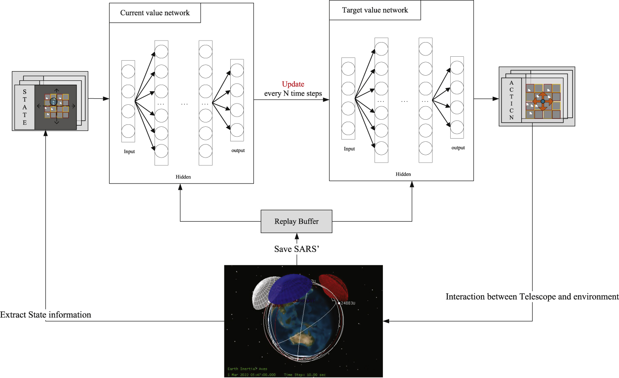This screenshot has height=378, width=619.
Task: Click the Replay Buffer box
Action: pyautogui.click(x=296, y=221)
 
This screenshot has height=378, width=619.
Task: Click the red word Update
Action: pyautogui.click(x=293, y=84)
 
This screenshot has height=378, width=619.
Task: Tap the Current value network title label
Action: pyautogui.click(x=155, y=13)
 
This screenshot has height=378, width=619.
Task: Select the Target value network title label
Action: pyautogui.click(x=375, y=10)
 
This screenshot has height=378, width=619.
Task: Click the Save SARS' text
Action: pyautogui.click(x=296, y=249)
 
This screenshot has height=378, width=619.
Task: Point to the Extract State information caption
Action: pyautogui.click(x=45, y=315)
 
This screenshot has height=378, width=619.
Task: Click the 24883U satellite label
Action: pyautogui.click(x=348, y=303)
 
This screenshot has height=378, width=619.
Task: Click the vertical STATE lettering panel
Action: pyautogui.click(x=24, y=107)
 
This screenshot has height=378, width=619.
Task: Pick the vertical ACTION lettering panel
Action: pyautogui.click(x=511, y=100)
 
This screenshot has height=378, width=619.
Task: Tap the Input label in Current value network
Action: pyautogui.click(x=129, y=152)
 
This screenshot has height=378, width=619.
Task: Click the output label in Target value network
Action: pyautogui.click(x=458, y=148)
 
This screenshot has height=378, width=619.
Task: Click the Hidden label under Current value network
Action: pyautogui.click(x=183, y=177)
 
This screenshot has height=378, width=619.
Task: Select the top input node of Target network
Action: pyautogui.click(x=348, y=69)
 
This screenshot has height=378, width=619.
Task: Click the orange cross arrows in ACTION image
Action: pyautogui.click(x=543, y=101)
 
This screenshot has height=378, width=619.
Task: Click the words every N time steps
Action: pyautogui.click(x=293, y=93)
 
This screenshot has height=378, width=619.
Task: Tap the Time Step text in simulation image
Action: pyautogui.click(x=304, y=374)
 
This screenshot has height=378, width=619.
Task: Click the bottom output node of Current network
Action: pyautogui.click(x=237, y=130)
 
